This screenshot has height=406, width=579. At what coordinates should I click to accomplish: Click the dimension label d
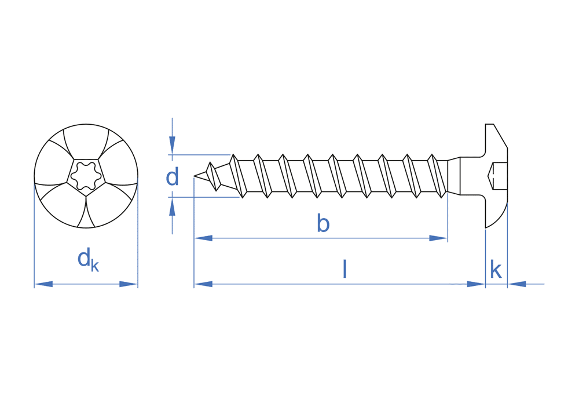click(x=172, y=177)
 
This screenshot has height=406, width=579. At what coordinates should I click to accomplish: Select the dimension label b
click(x=323, y=223)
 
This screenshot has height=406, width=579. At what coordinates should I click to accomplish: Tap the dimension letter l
click(x=345, y=269)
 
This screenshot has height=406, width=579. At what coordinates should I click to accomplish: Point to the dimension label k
click(x=496, y=270)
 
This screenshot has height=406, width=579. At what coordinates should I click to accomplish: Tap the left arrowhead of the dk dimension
click(x=44, y=284)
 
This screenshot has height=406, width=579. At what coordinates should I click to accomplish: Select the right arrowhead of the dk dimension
click(x=129, y=284)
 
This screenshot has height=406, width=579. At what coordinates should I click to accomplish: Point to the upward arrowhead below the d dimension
click(x=172, y=206)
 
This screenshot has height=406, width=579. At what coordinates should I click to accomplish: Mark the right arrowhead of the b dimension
click(x=438, y=238)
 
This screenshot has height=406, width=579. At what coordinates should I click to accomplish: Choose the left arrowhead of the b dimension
click(x=203, y=238)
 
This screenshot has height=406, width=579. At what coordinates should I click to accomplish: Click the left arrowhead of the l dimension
click(x=203, y=284)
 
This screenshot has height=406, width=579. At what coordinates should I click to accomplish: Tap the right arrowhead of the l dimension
click(x=475, y=284)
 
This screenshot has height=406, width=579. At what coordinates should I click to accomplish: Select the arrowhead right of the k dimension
click(x=517, y=284)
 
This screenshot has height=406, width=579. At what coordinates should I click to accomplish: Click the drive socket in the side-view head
click(x=498, y=176)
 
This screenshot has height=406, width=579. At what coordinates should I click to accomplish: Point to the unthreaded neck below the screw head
click(x=455, y=176)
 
